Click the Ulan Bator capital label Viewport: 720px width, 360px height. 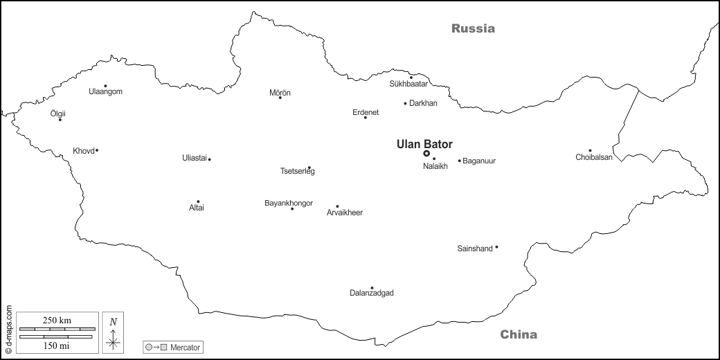tap(424, 144)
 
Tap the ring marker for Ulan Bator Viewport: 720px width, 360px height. tap(426, 154)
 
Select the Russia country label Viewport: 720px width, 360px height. tap(474, 28)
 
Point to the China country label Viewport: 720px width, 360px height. tap(519, 335)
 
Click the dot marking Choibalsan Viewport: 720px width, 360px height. tap(590, 150)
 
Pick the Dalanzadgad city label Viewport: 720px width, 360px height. tap(372, 294)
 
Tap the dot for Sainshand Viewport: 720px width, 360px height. tap(496, 247)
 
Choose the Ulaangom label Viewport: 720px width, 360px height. tap(106, 91)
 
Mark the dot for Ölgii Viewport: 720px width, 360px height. tap(60, 120)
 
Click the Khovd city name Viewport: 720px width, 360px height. tap(83, 151)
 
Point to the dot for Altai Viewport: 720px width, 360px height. tap(198, 201)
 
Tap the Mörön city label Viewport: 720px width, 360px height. tap(280, 92)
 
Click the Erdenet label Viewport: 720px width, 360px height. tap(366, 112)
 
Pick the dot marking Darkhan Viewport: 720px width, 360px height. tap(406, 104)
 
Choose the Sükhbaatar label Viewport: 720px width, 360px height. tap(409, 84)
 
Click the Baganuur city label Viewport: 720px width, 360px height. tap(479, 161)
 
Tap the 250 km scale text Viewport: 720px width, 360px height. tap(57, 320)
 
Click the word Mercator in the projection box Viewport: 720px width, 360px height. tap(185, 346)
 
